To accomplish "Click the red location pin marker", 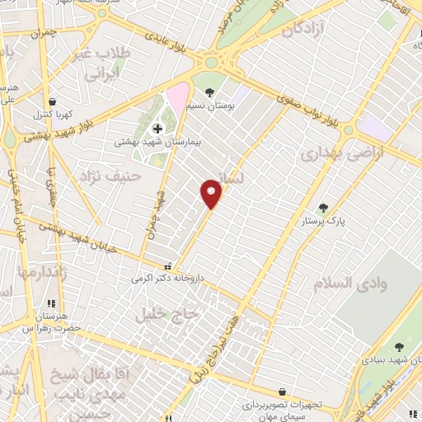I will pyautogui.click(x=212, y=194).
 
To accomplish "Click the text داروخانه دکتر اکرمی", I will pyautogui.click(x=166, y=279).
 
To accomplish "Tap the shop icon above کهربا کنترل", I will pyautogui.click(x=52, y=101).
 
